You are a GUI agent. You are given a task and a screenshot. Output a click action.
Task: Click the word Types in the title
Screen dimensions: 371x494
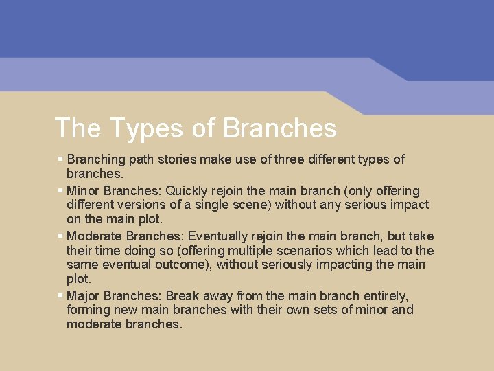pos(141,128)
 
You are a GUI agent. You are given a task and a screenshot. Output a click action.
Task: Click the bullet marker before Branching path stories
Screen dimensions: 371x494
pos(60,159)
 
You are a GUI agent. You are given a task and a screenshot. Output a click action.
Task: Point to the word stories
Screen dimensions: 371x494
pos(178,159)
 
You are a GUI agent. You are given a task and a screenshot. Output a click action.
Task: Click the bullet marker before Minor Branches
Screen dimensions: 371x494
pos(60,190)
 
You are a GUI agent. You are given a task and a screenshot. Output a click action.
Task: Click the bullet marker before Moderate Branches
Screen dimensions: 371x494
pos(60,236)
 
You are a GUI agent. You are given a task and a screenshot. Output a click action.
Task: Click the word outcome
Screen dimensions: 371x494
pos(180,265)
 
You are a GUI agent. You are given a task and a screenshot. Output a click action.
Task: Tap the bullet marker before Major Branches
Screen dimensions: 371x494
pos(60,295)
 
